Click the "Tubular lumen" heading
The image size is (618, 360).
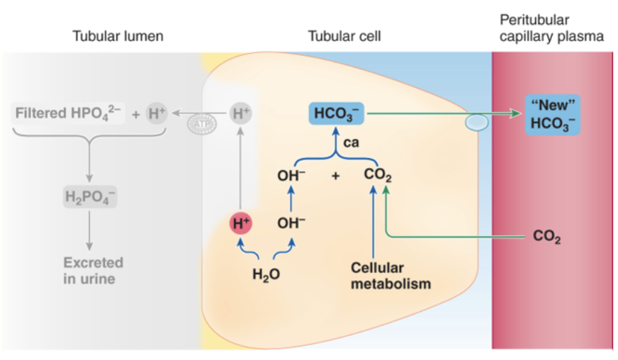tap(118, 36)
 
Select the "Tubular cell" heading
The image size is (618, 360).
tap(344, 36)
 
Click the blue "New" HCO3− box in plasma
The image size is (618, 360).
tap(553, 116)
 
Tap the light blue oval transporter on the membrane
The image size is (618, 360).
tap(476, 123)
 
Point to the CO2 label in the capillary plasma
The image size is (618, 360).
tap(546, 237)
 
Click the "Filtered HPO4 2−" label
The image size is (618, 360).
tap(68, 113)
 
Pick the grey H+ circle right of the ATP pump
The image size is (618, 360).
tap(240, 113)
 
